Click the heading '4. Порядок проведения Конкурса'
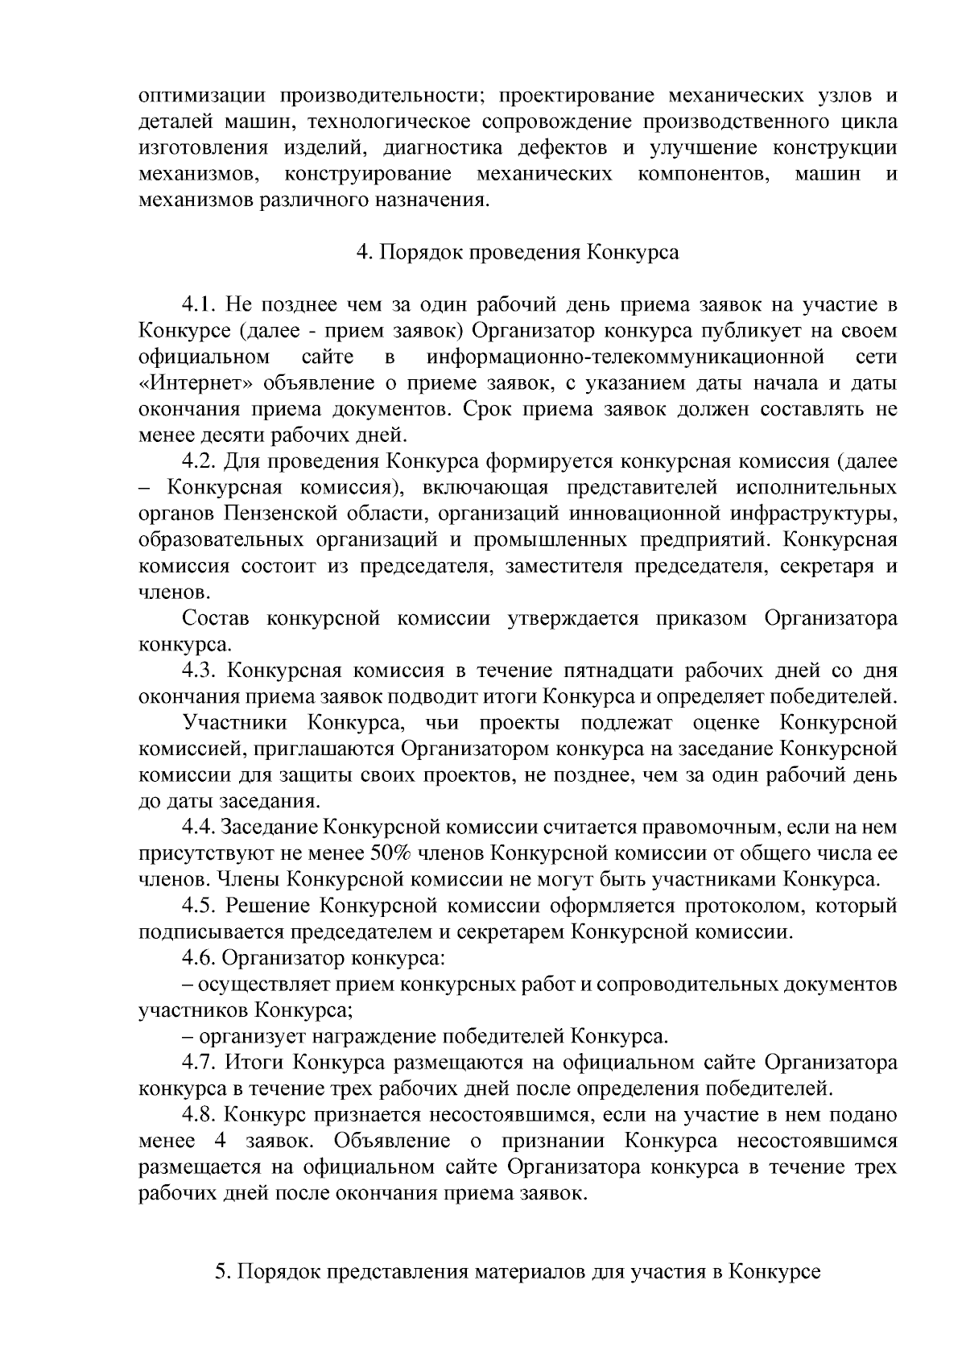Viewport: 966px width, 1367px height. [518, 252]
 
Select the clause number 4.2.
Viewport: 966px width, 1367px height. [199, 461]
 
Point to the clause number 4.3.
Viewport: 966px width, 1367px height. [199, 671]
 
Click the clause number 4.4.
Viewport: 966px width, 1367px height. [199, 828]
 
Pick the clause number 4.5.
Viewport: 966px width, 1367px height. [199, 906]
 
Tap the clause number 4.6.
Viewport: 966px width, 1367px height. [199, 958]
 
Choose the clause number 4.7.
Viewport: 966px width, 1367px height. [199, 1063]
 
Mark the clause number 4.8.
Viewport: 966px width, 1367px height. [199, 1115]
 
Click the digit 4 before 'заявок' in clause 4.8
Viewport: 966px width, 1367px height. [221, 1142]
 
